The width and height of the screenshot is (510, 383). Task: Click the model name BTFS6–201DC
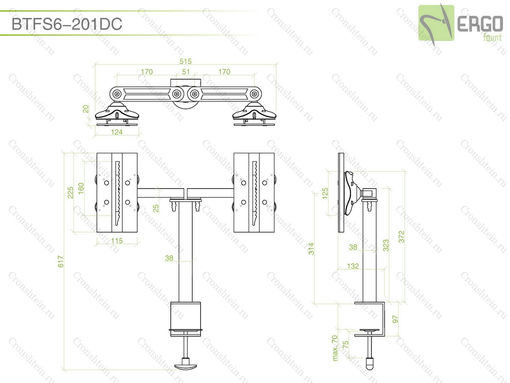67,24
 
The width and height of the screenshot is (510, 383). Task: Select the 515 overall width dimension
185,61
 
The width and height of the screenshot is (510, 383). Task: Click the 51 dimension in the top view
186,72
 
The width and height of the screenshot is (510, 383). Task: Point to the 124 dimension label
116,132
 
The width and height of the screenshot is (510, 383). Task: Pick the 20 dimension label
86,109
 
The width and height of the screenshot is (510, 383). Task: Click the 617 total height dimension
60,261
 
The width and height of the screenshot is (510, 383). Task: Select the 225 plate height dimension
71,192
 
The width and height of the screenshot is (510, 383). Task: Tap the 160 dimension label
81,189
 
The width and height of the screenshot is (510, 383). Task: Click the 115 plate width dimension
116,241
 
